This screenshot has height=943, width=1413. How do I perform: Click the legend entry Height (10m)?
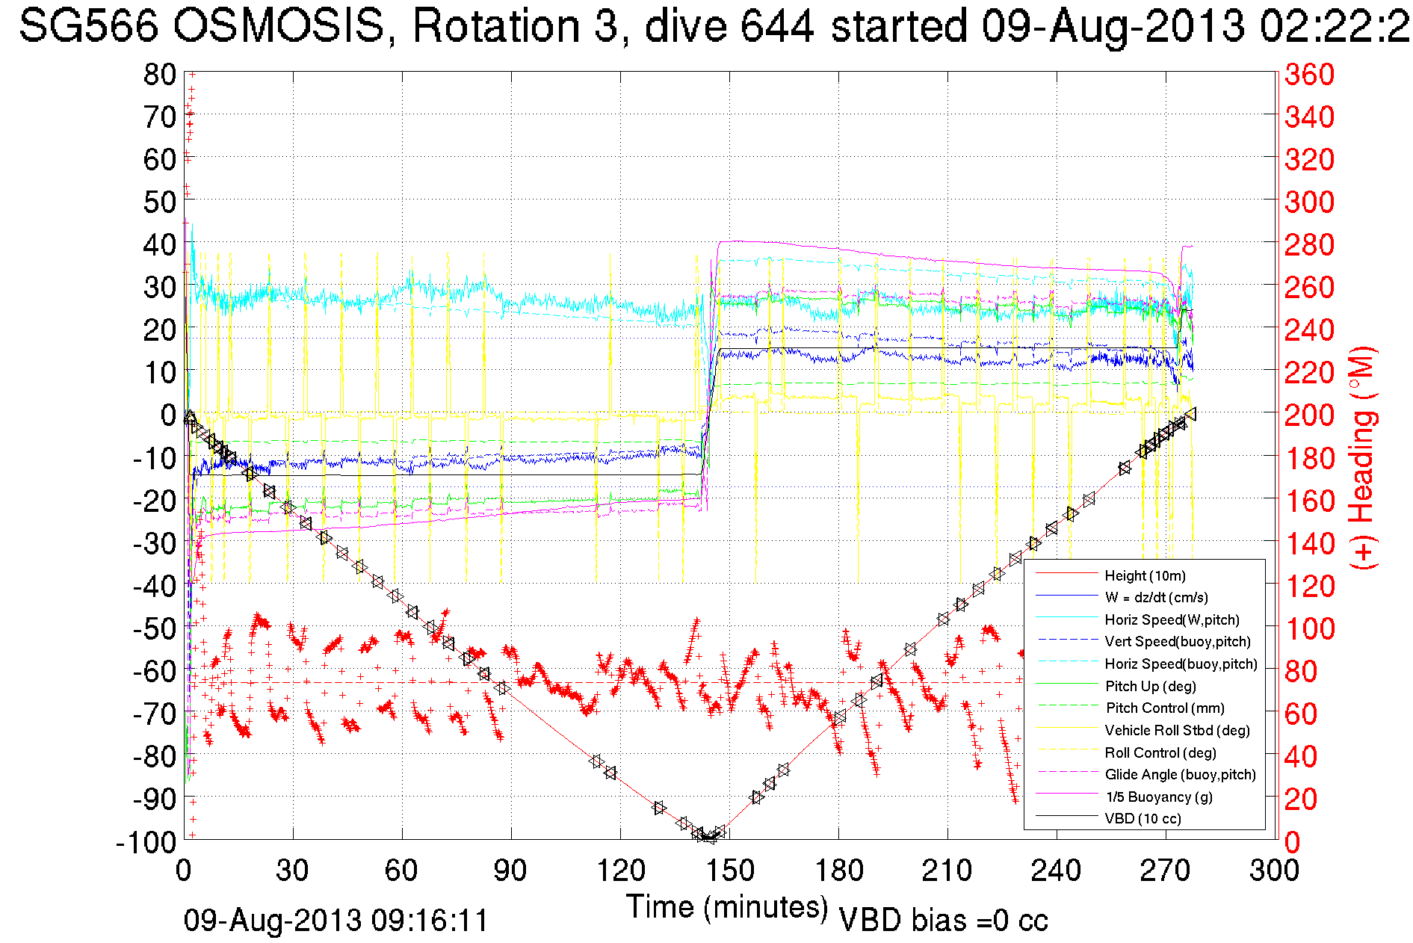click(1145, 575)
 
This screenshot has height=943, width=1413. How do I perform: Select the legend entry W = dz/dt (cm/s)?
click(1156, 597)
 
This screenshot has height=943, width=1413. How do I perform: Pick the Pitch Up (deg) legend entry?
click(1150, 686)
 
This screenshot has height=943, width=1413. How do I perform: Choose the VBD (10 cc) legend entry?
click(1143, 818)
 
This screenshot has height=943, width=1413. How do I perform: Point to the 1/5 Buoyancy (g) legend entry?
click(1159, 797)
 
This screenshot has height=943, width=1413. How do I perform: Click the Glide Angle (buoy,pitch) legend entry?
click(1180, 774)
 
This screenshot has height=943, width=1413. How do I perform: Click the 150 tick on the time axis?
click(730, 871)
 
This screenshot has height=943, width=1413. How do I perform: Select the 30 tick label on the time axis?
click(292, 871)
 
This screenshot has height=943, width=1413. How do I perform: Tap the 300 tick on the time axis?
click(1275, 871)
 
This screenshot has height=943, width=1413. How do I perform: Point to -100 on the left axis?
click(146, 842)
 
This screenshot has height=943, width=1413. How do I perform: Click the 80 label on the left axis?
click(159, 74)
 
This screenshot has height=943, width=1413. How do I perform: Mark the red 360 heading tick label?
click(1309, 74)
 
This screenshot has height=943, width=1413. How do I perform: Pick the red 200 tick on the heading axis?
click(1309, 415)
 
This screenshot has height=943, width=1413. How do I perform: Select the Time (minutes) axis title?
click(727, 907)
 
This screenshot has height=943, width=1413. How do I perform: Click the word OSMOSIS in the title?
click(278, 26)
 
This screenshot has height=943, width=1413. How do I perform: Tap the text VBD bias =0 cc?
click(943, 921)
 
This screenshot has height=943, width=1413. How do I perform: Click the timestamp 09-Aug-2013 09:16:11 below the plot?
click(336, 921)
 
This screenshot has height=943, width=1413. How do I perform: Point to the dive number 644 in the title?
click(776, 26)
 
